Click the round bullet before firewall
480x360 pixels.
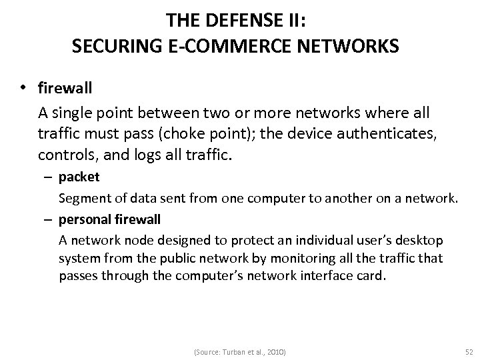point(25,88)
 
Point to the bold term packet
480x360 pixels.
point(79,177)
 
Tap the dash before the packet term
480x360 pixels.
point(49,177)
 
